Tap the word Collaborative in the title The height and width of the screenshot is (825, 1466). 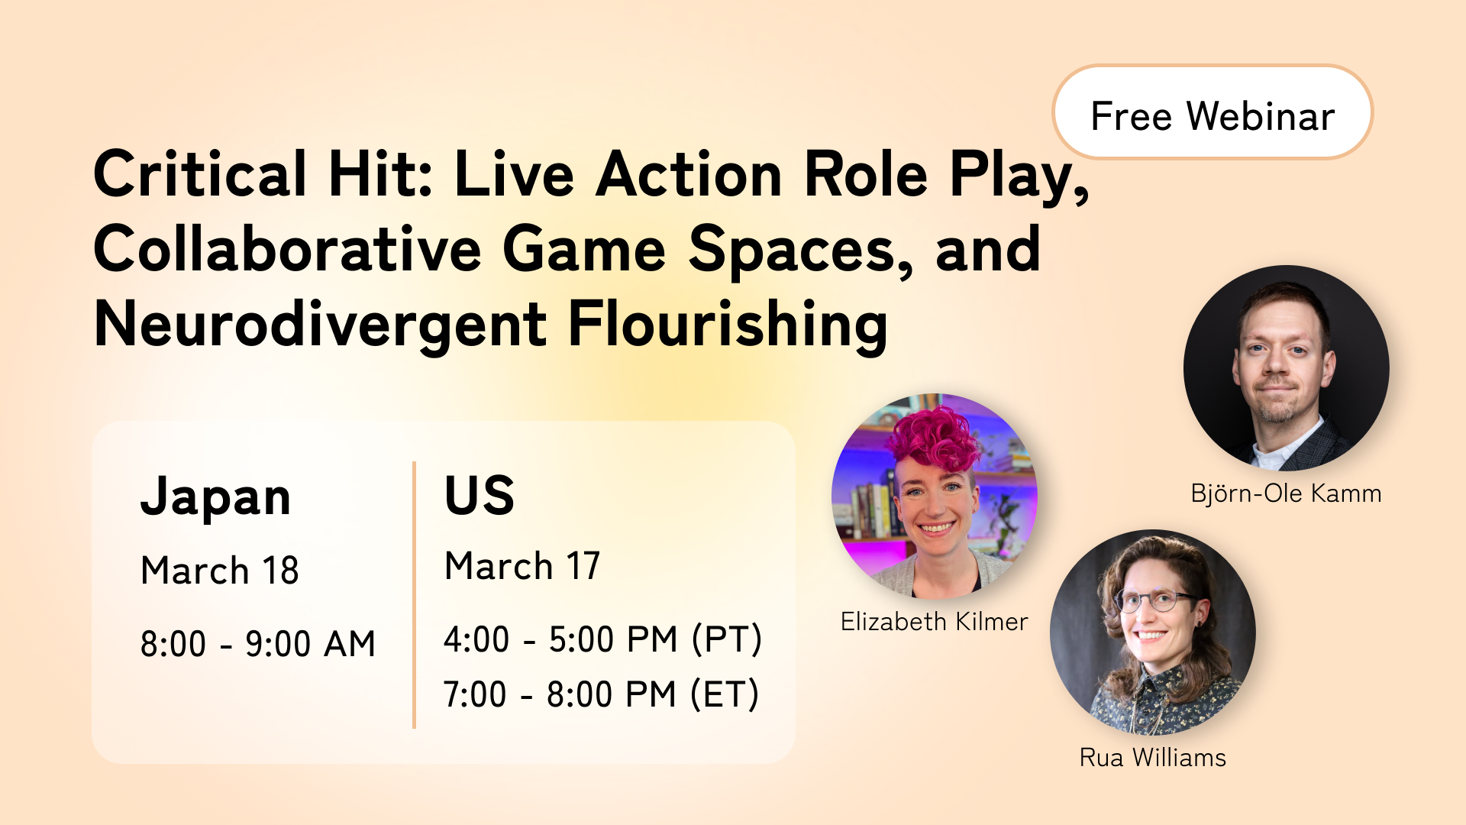tap(287, 250)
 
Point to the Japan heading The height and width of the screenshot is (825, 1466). tap(215, 497)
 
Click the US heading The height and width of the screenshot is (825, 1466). tap(480, 495)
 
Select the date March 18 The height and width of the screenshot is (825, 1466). tap(220, 571)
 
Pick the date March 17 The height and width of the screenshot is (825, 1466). tap(522, 566)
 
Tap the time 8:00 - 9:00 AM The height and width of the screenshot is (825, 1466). tap(258, 644)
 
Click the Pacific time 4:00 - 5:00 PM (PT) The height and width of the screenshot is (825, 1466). tap(602, 639)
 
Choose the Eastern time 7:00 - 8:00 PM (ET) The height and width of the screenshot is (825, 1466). tap(601, 694)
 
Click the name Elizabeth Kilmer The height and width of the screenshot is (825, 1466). tap(934, 622)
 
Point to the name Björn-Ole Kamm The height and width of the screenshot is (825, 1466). tap(1286, 493)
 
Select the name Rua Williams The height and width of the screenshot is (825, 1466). tap(1152, 758)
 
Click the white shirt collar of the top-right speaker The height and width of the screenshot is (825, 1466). tap(1271, 456)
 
